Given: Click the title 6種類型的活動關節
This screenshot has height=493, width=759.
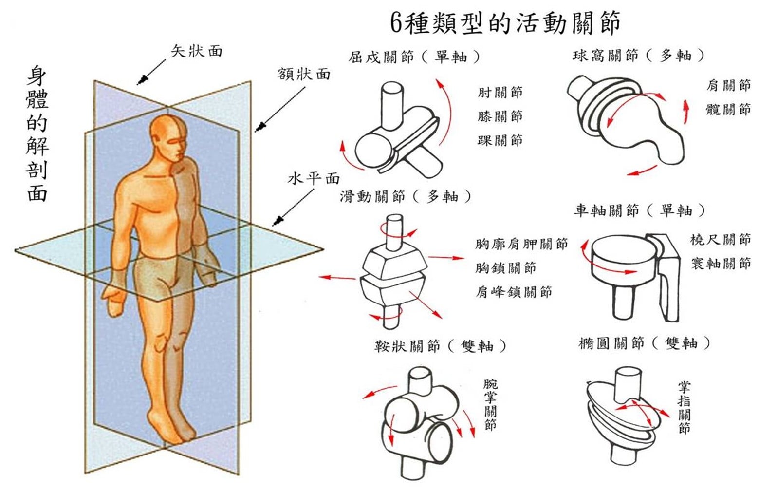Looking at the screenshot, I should pos(505,23).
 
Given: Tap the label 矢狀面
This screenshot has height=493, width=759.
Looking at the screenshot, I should pos(196,51).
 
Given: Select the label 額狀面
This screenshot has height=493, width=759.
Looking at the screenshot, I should pos(304,74).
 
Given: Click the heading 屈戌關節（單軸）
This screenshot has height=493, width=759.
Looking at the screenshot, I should pos(414,57).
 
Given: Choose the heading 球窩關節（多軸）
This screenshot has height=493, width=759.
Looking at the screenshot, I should pos(638,56).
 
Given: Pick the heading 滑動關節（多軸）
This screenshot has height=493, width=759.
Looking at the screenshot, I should pos(406,196).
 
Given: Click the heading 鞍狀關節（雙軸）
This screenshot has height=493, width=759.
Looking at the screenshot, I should pos(440,346).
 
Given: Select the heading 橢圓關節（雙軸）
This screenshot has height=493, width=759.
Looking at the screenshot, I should pos(644,343).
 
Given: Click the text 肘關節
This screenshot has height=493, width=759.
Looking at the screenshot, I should pos(500,92).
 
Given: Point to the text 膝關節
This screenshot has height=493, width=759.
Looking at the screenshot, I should pos(500,116).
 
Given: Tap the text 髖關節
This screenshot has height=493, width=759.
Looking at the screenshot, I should pos(728,109).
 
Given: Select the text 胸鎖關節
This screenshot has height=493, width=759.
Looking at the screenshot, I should pos(505,267).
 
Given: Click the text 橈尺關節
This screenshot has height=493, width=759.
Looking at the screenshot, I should pos(720,239).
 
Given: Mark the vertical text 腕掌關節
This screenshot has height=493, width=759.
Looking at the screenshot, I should pos(490,405).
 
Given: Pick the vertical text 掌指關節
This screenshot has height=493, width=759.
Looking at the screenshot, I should pos(684,407).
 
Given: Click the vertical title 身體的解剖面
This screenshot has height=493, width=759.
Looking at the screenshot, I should pos(37,134).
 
